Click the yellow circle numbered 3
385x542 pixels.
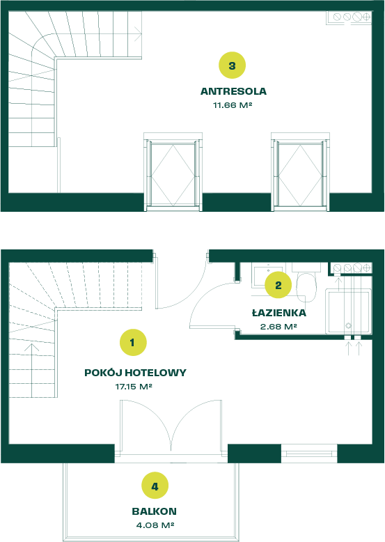[232, 65]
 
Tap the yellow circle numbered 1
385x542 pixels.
[133, 343]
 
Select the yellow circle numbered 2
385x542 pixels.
[278, 285]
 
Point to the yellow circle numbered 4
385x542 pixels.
[155, 486]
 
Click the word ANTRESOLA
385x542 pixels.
[233, 91]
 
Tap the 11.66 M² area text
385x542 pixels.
[233, 104]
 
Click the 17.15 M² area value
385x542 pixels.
[134, 387]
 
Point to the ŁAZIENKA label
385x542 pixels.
[279, 313]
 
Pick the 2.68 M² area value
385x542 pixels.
[278, 326]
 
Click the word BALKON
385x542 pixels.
[154, 511]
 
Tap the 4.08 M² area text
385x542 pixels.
[155, 525]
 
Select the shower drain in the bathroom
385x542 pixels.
[348, 325]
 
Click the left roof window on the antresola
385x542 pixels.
[173, 172]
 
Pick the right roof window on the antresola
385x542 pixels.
[300, 172]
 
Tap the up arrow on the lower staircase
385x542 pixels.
[32, 370]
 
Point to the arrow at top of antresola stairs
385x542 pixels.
[137, 34]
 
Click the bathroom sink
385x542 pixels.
[267, 275]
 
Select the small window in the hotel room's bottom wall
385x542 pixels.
[309, 454]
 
